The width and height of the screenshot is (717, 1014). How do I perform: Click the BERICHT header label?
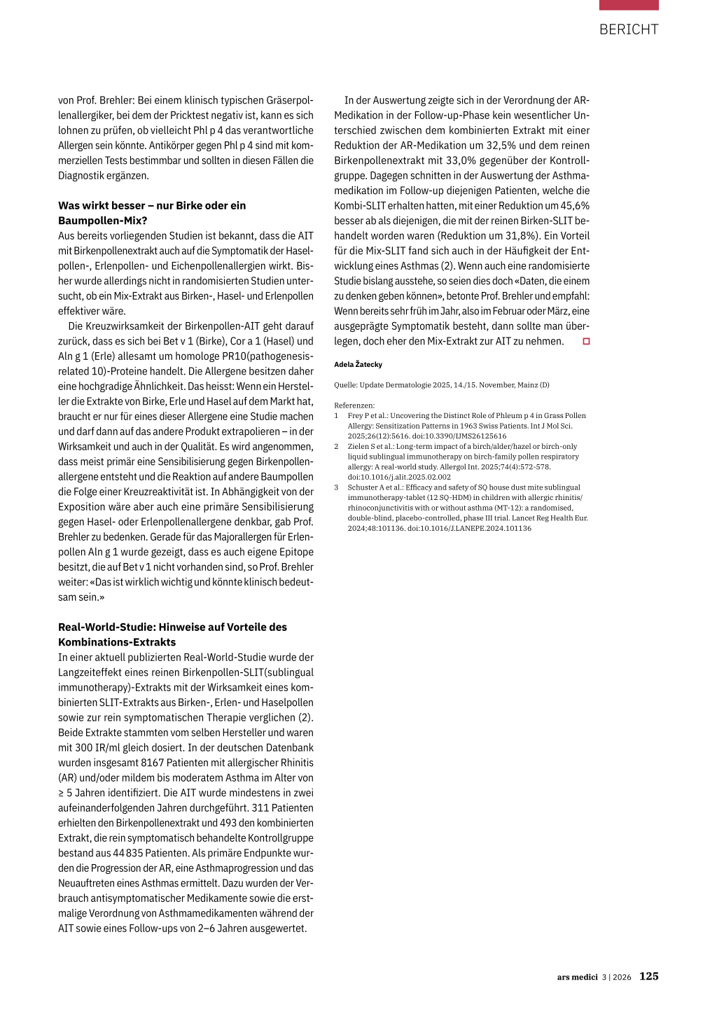point(628,29)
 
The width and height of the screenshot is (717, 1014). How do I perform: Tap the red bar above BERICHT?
point(628,5)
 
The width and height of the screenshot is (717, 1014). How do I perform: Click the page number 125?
point(648,976)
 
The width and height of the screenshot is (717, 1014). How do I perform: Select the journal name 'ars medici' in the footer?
point(577,977)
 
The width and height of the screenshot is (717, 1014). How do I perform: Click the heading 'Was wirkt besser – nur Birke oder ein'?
point(152,205)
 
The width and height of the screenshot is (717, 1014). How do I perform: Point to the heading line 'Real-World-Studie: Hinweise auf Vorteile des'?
point(172,627)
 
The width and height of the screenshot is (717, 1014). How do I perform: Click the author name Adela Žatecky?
point(358,364)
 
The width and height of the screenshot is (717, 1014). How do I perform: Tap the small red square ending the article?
point(586,342)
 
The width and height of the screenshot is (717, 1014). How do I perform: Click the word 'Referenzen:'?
point(354,405)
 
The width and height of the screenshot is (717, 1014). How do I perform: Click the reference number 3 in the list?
point(336,487)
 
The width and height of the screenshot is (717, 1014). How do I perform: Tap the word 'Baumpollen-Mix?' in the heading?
point(103,221)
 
